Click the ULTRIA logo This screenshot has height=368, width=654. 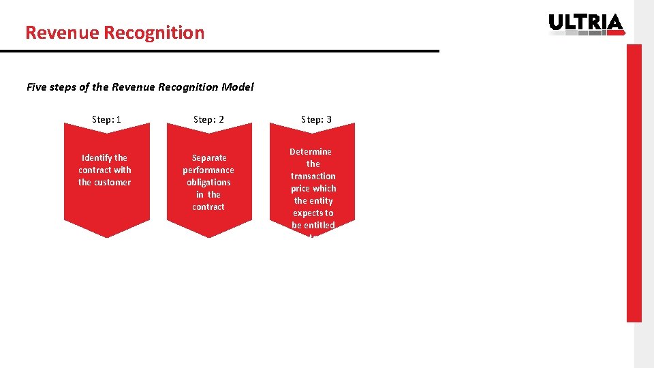pos(586,24)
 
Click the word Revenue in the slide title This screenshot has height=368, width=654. pos(53,33)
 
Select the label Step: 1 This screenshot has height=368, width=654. pos(106,119)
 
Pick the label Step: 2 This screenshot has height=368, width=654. pos(208,119)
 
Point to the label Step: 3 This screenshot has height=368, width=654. pos(316,119)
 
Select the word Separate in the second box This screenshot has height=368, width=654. pos(209,157)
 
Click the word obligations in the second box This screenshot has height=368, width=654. pos(208,182)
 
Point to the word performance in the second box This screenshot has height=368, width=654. pos(208,170)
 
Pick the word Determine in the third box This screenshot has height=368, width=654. pos(311,151)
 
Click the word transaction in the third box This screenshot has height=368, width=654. pos(313,176)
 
